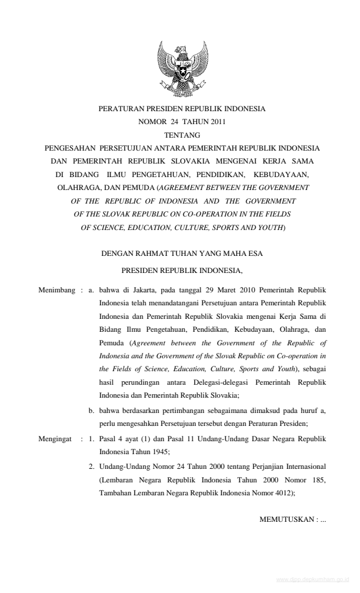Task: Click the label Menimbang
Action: click(x=57, y=290)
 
